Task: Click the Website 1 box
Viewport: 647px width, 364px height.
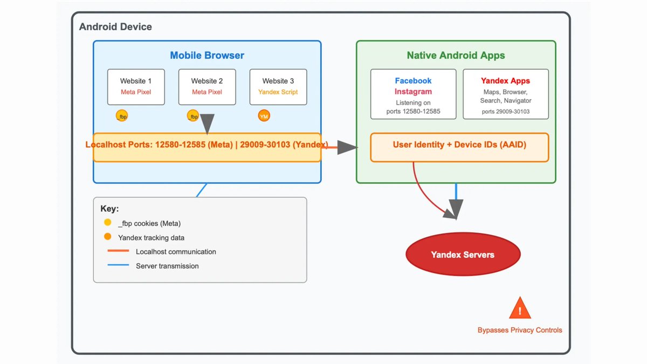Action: [136, 86]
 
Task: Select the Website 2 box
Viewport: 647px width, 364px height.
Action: [207, 86]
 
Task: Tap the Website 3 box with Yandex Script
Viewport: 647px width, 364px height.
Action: [278, 86]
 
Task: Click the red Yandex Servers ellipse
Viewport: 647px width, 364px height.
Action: [463, 255]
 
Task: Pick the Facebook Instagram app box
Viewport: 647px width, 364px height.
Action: [413, 94]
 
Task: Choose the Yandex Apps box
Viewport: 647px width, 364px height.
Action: [506, 94]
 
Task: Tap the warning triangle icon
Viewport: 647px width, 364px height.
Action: [520, 309]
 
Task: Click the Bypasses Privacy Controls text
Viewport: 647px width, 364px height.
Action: [520, 330]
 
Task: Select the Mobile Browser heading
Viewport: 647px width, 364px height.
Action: [207, 56]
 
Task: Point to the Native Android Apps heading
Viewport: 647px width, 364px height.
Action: [456, 56]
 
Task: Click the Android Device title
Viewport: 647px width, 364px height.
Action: [115, 27]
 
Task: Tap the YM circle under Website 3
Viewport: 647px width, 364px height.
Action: [264, 116]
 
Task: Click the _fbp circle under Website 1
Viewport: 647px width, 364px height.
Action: [122, 116]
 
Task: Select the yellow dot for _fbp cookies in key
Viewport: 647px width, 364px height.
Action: [108, 223]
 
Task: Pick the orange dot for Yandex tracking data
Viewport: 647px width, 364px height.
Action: [108, 237]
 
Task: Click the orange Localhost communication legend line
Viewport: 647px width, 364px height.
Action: [118, 251]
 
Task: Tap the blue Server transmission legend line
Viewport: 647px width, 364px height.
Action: [118, 265]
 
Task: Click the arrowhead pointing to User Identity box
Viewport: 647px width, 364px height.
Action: [347, 147]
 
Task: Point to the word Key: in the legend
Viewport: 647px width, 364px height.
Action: [109, 209]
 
